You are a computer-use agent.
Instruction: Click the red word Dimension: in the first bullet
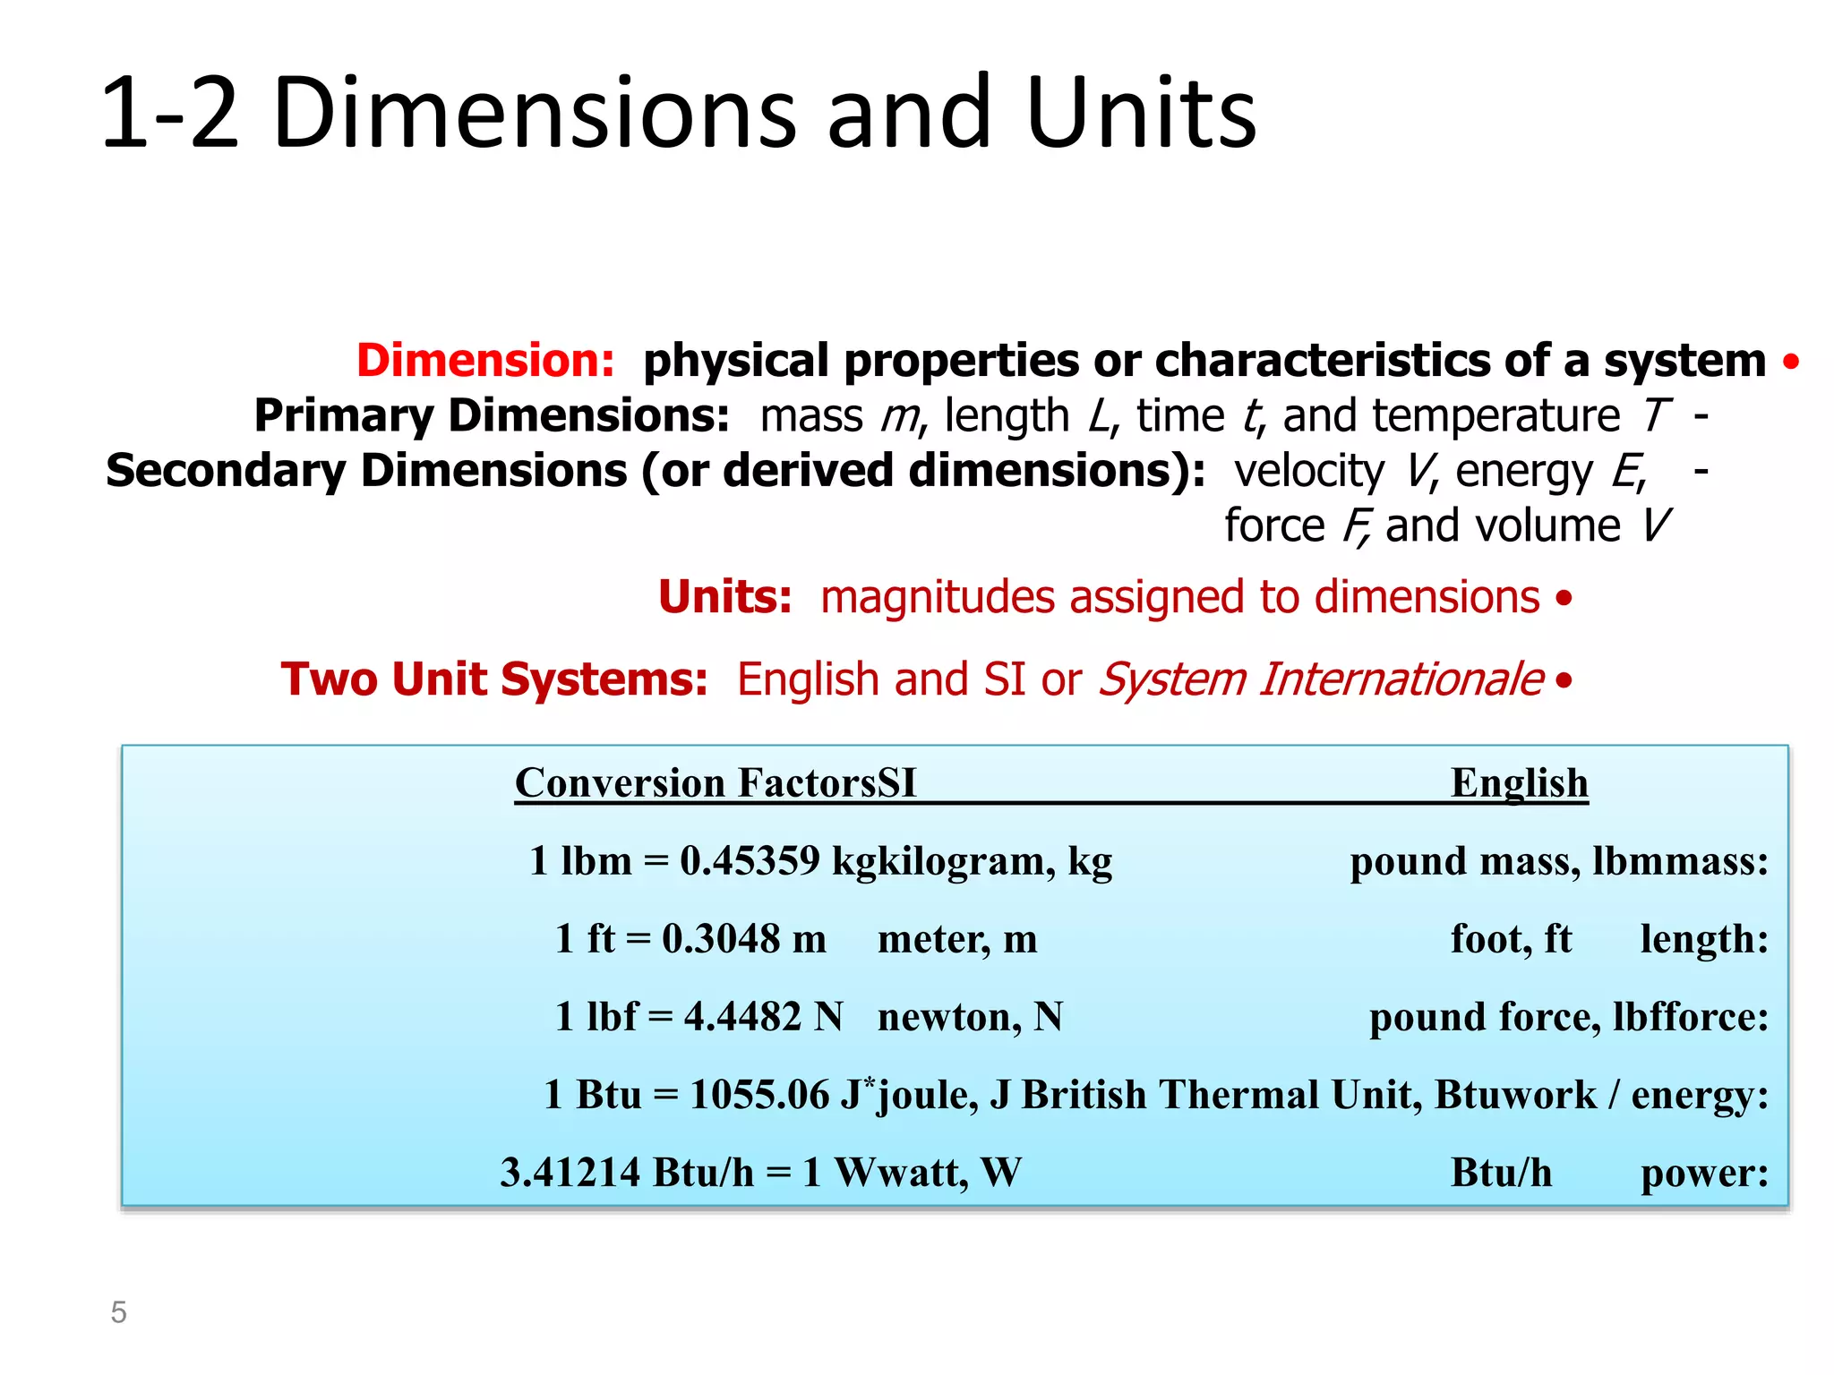tap(485, 361)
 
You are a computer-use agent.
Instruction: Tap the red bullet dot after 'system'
tap(1790, 362)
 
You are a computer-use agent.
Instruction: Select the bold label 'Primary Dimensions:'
tap(492, 416)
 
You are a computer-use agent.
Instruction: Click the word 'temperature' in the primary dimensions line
tap(1495, 416)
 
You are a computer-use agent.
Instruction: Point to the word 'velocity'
tap(1308, 472)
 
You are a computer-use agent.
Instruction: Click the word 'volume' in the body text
tap(1547, 526)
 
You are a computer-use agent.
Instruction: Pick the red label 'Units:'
tap(724, 597)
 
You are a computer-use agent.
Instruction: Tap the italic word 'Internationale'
tap(1401, 679)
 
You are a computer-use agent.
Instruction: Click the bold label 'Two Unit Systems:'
tap(494, 679)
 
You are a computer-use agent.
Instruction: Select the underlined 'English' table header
tap(1519, 783)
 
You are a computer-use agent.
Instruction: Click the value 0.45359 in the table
tap(750, 861)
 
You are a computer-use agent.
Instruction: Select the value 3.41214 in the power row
tap(570, 1173)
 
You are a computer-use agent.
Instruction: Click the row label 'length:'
tap(1704, 939)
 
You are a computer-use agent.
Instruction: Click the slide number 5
tap(118, 1312)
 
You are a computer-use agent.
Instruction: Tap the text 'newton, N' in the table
tap(970, 1017)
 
